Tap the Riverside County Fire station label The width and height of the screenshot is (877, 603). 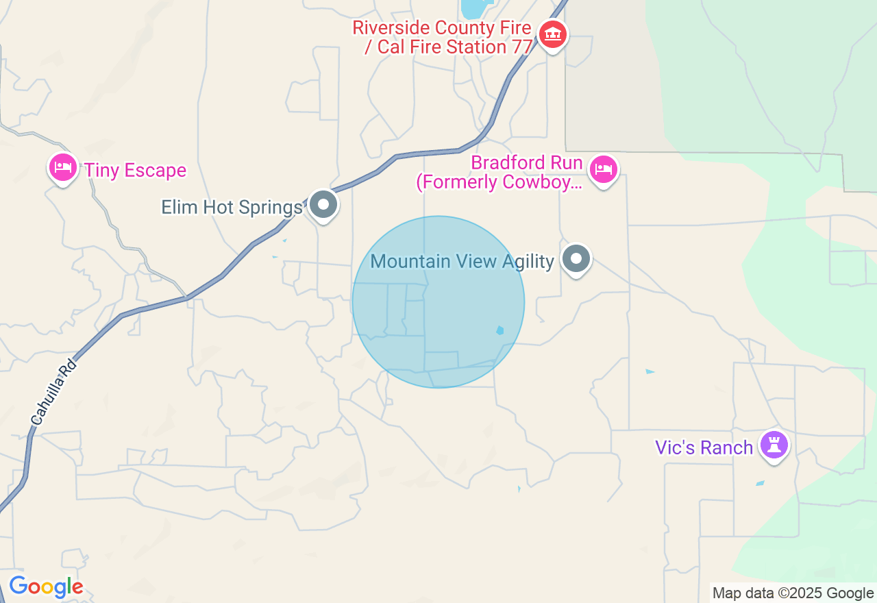pos(442,38)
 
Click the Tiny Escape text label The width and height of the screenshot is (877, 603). pos(135,171)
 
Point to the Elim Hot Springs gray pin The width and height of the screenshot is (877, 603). pos(323,204)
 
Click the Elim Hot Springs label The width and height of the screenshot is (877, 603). pos(232,208)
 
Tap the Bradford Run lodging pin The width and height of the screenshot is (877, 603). pos(603,169)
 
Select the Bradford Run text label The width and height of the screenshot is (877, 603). pos(499,173)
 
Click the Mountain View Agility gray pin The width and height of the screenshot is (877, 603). pos(576,259)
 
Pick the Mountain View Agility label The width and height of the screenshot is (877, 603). pos(462,262)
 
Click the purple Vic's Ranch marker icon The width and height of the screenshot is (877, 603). pos(774,445)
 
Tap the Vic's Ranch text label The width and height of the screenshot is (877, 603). pos(704,448)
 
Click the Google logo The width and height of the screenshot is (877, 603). pos(46,587)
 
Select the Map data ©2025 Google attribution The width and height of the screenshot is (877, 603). pos(793,593)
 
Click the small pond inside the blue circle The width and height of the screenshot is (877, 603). pos(499,330)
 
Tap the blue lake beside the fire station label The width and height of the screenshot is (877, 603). pos(473,8)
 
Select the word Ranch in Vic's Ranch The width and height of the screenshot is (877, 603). pos(726,448)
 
